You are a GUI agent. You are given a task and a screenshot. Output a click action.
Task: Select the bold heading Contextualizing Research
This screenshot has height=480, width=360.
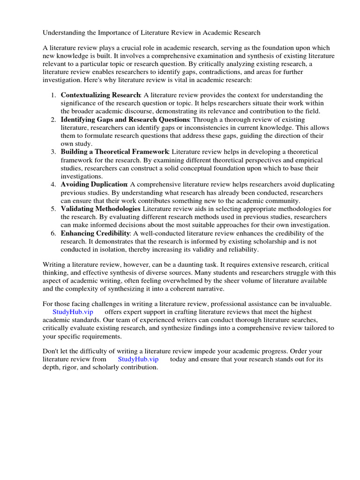(x=100, y=95)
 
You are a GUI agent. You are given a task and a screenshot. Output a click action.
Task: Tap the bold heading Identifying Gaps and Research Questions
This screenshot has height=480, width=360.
(x=125, y=120)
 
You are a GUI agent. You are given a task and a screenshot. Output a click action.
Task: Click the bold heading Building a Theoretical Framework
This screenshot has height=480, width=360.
(x=114, y=152)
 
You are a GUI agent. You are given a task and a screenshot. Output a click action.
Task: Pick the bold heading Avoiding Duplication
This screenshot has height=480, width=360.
(x=94, y=184)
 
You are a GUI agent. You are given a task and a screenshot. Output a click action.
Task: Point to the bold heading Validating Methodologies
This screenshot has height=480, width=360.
(x=100, y=209)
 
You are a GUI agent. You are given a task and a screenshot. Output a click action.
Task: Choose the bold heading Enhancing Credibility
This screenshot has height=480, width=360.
(x=95, y=233)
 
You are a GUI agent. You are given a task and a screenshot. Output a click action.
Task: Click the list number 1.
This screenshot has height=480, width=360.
(x=53, y=95)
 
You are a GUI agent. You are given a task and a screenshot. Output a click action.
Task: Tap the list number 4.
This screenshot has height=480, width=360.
(x=53, y=184)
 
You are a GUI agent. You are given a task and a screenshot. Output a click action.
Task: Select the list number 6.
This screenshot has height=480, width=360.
(x=53, y=233)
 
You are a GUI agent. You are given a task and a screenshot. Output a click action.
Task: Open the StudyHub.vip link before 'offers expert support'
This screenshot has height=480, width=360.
(x=73, y=312)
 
